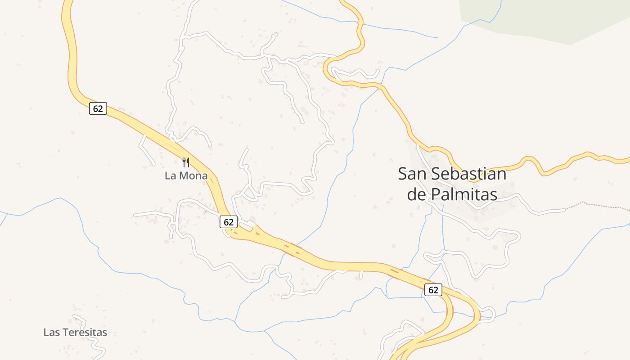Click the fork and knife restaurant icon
tap(186, 162)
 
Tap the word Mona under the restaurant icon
tap(193, 175)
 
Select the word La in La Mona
tap(170, 175)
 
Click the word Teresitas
tap(85, 333)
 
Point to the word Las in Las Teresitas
tap(52, 333)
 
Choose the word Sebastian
tap(469, 174)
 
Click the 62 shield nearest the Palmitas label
tap(433, 290)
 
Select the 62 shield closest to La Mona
tap(229, 221)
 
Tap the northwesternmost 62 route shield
tap(98, 108)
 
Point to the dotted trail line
tap(598, 205)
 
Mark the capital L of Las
tap(45, 333)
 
